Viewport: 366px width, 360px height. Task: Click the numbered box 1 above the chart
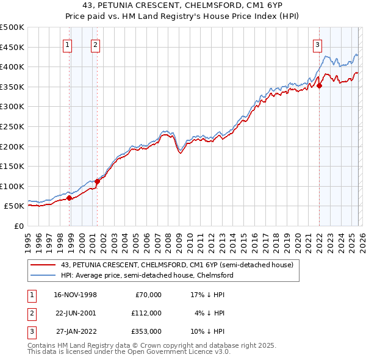(x=66, y=44)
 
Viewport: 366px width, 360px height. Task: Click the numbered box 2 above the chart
(x=96, y=44)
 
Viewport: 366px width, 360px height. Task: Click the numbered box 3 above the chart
(x=318, y=44)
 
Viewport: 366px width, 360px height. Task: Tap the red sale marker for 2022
(x=320, y=85)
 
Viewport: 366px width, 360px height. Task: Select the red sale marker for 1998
(x=70, y=198)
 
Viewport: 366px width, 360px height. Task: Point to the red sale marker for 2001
(x=98, y=181)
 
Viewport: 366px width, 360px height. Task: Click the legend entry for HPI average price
(x=146, y=275)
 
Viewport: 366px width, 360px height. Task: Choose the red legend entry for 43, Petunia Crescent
(x=177, y=265)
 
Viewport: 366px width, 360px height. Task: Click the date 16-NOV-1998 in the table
(x=75, y=295)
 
